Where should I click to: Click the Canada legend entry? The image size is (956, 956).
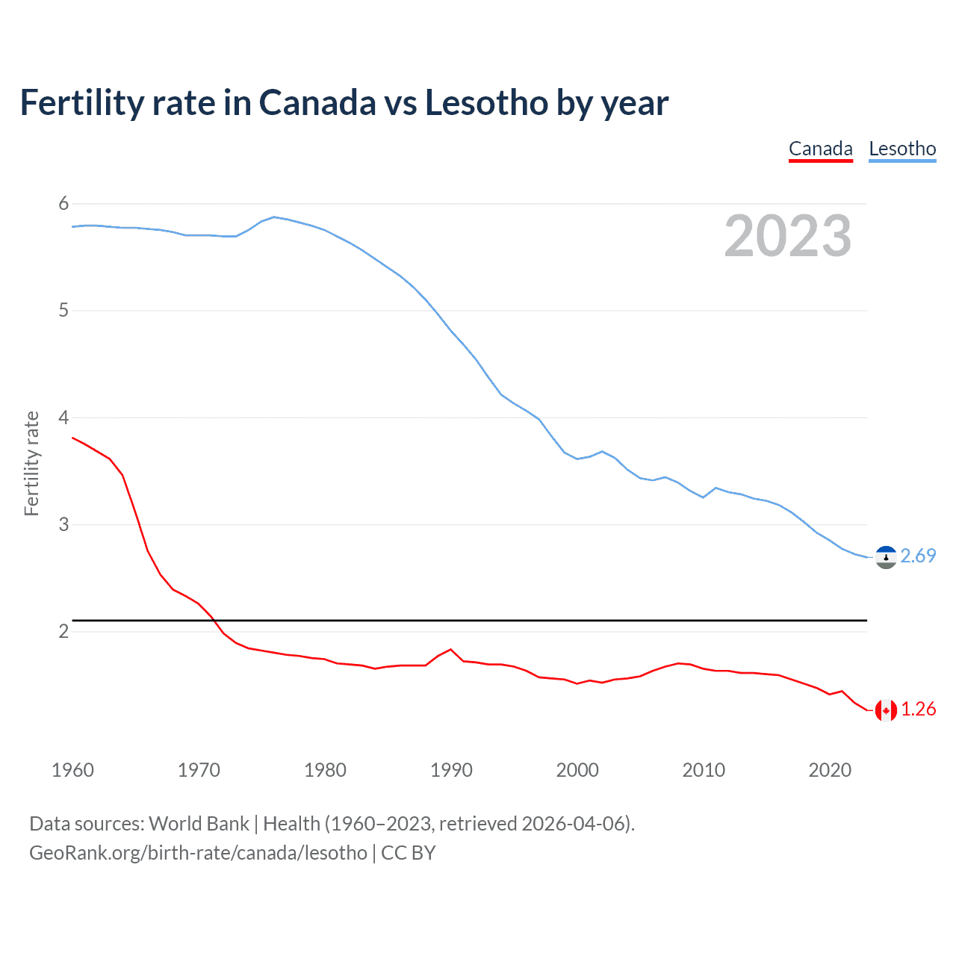[820, 149]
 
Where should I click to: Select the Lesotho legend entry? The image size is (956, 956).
[902, 149]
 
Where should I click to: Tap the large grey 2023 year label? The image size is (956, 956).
[787, 236]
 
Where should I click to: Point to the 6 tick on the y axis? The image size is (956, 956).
[63, 203]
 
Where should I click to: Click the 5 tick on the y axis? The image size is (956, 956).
[63, 310]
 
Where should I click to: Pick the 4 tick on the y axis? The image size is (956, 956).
[63, 418]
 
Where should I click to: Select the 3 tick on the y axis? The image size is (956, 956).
[63, 524]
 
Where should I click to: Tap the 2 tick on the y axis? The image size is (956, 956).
[63, 631]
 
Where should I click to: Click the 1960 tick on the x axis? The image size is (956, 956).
[72, 770]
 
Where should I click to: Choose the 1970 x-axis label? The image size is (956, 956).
[199, 770]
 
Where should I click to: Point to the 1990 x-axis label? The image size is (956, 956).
[451, 770]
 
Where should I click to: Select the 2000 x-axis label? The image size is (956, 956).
[577, 770]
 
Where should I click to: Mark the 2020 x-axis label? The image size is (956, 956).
[830, 770]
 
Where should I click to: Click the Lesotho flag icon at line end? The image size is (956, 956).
[886, 557]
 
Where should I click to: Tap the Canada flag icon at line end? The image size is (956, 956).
[886, 710]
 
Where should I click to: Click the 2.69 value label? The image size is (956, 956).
[918, 556]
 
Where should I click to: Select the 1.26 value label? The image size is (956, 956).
[918, 709]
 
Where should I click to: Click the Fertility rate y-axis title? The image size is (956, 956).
[31, 463]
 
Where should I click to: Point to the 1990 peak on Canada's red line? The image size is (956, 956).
[450, 650]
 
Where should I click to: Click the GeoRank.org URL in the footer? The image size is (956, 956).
[198, 853]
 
